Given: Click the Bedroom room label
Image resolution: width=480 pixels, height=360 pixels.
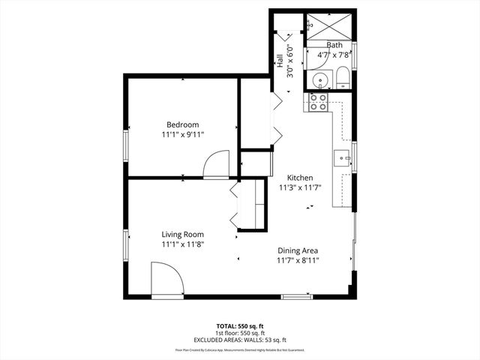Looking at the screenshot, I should coord(183,124).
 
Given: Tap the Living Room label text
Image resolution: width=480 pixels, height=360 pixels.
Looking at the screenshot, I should coord(183,234).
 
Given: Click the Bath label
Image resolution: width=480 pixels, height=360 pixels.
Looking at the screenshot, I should coord(334,45).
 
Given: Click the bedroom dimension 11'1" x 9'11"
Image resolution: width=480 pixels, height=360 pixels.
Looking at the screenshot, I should coord(183,135).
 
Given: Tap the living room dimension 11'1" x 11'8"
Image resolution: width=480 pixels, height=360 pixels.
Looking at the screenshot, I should coord(183,244).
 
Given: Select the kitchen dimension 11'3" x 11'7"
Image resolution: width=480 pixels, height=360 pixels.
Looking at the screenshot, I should coord(301,188).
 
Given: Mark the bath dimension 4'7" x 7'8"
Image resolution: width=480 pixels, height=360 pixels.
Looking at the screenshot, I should coord(334,55).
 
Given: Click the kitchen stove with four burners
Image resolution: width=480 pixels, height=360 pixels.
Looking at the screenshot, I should coord(317,102).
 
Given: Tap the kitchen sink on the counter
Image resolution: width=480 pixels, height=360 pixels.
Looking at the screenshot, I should coord(342,157).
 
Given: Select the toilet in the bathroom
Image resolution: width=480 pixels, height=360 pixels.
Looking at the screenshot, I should coord(341,77).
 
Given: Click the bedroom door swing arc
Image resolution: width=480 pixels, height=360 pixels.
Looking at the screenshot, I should coord(217,163).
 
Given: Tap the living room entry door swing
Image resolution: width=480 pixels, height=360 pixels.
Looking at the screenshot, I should coord(167,279).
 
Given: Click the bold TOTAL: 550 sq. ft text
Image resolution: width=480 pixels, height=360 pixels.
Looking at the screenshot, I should coord(241,326).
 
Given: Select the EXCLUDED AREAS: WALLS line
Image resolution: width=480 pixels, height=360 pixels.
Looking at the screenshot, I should coord(241,340).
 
